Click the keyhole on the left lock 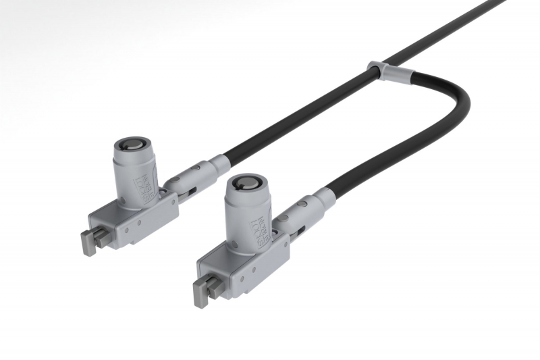[x=129, y=145]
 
